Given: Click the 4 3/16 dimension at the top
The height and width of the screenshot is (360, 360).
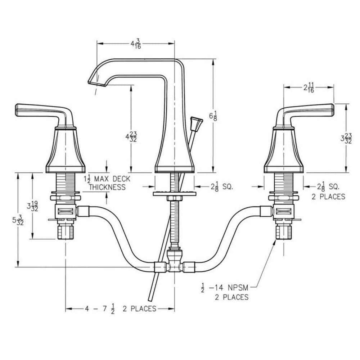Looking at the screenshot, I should pos(136,44).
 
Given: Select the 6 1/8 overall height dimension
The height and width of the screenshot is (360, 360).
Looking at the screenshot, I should pos(213,116).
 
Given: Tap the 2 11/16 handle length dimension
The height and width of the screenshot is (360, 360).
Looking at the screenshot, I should pos(309,87).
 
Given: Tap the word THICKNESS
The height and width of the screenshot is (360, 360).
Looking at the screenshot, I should pos(107,187).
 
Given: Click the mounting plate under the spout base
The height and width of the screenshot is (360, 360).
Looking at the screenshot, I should pos(175,194).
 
